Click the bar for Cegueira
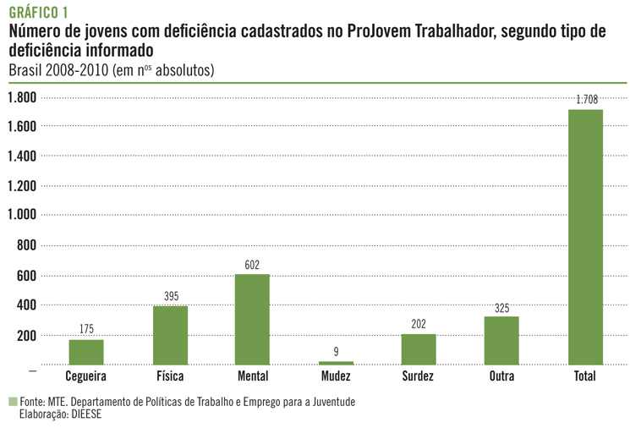(x=86, y=352)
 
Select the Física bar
(x=170, y=335)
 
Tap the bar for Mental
(x=252, y=319)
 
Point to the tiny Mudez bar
(x=336, y=363)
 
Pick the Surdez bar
(x=419, y=349)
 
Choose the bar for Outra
(x=501, y=340)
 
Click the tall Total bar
(x=585, y=237)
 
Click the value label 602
(x=252, y=265)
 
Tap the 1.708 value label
(x=586, y=100)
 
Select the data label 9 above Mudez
(x=336, y=351)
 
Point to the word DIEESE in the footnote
(x=83, y=414)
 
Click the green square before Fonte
(x=13, y=402)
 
